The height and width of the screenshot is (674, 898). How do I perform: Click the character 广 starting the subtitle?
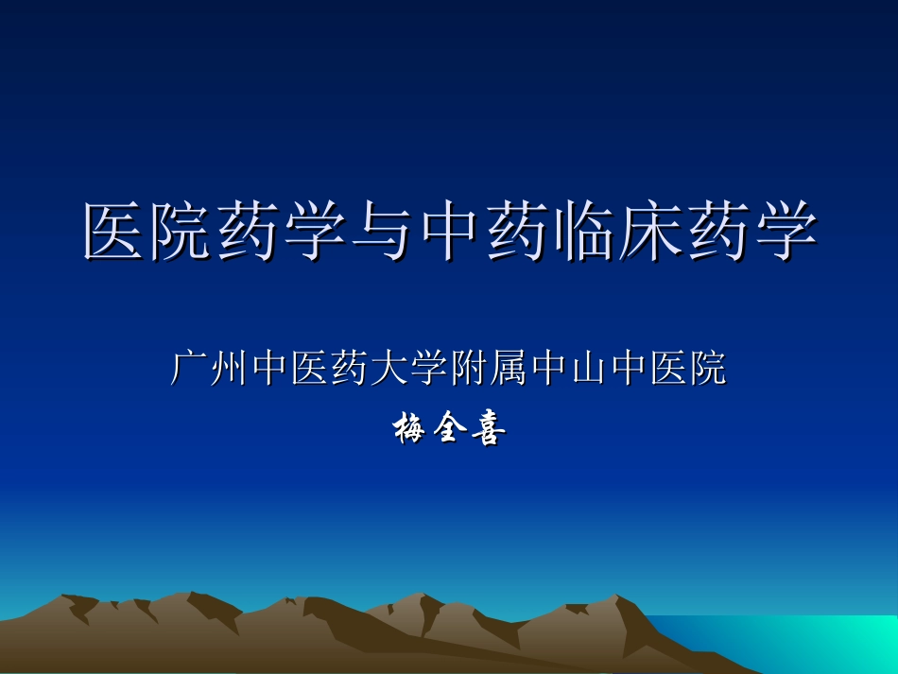[189, 369]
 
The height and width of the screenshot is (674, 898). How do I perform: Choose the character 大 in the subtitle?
[389, 369]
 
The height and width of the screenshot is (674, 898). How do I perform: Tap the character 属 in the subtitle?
[509, 369]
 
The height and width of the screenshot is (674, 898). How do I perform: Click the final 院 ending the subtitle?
[707, 369]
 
